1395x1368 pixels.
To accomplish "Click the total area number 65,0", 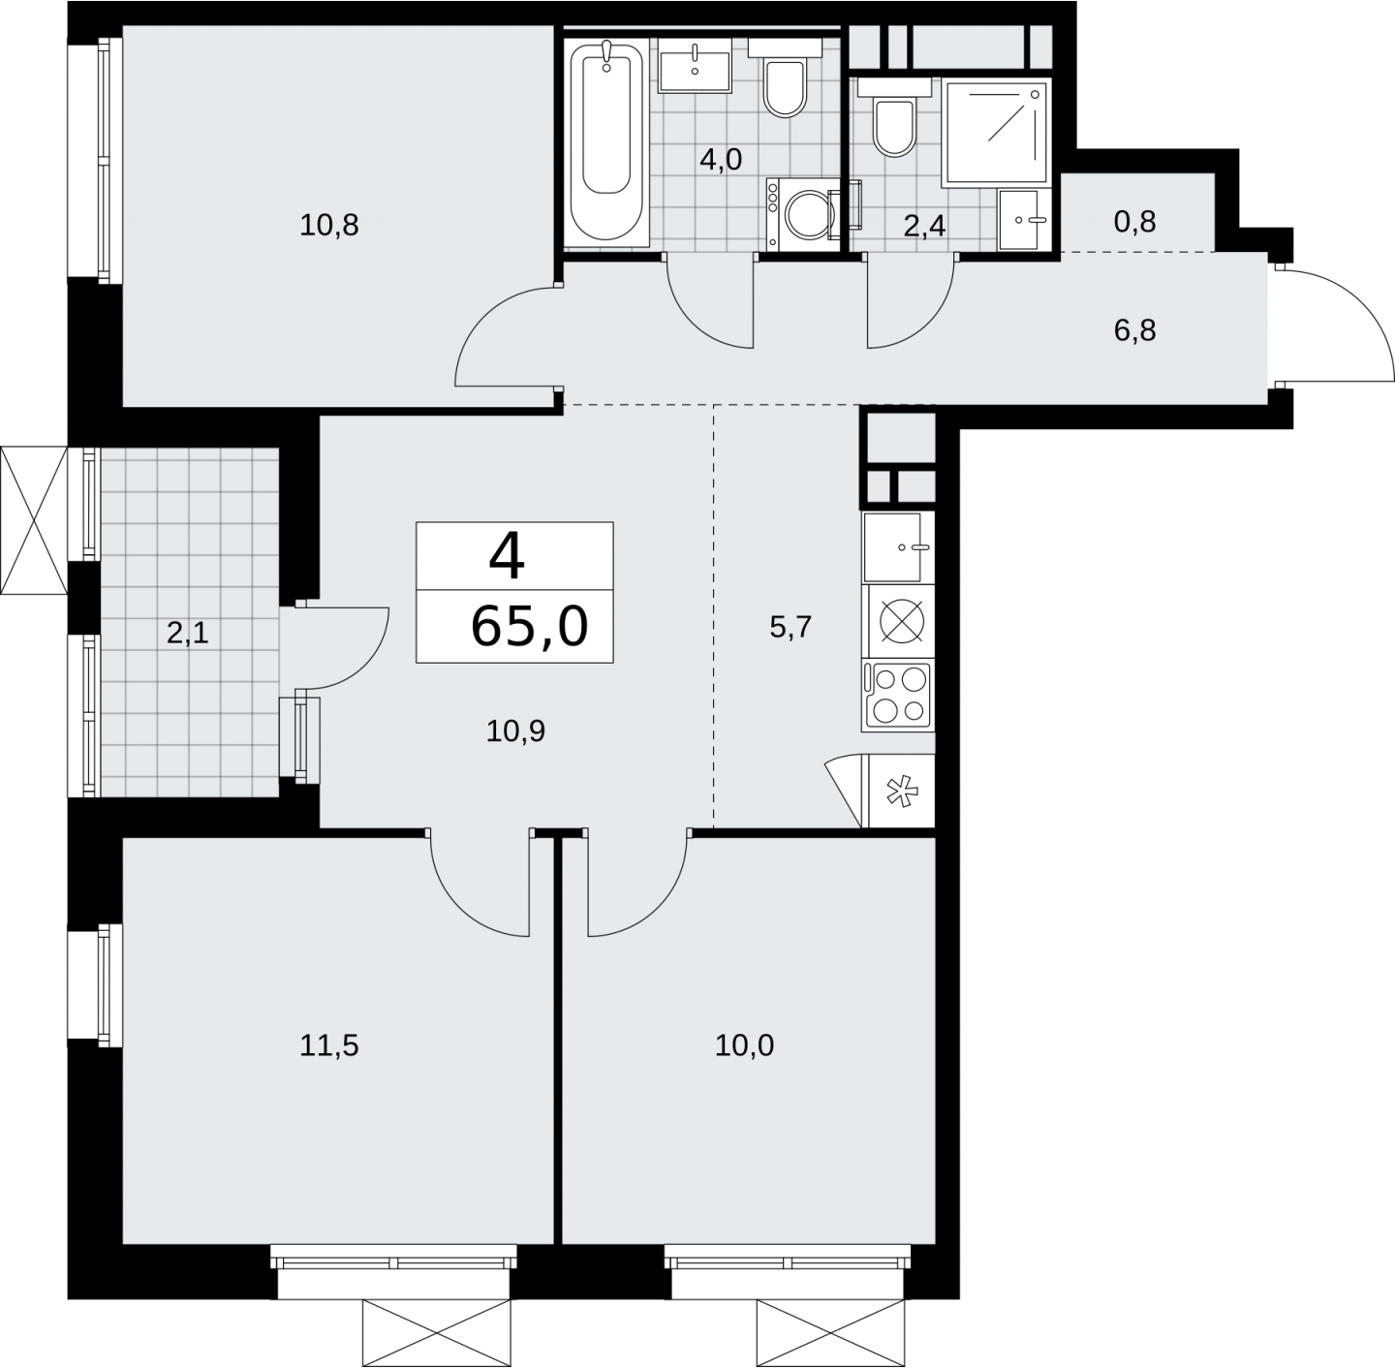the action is pos(529,627).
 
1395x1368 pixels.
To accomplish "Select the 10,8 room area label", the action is pos(329,225).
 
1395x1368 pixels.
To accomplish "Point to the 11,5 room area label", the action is pos(329,1045).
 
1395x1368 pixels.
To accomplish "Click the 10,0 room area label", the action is pos(744,1045).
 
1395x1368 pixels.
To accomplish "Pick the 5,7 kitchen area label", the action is pos(790,627).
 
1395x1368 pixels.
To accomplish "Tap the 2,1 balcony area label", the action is pos(188,634).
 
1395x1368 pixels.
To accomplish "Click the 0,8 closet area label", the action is pos(1135,222).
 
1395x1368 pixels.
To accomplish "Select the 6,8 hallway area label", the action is pos(1135,331).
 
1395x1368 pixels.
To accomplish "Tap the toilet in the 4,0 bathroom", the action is pos(785,79).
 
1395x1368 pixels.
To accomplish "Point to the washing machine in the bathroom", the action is pos(802,215).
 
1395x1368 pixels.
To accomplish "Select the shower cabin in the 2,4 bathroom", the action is pos(996,132).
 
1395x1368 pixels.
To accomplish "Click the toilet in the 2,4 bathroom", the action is pos(894,118).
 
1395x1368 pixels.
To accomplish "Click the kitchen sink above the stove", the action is pos(898,546).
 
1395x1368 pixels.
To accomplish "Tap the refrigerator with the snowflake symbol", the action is pos(901,791).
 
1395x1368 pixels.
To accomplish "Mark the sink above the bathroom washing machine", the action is pos(695,65).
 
